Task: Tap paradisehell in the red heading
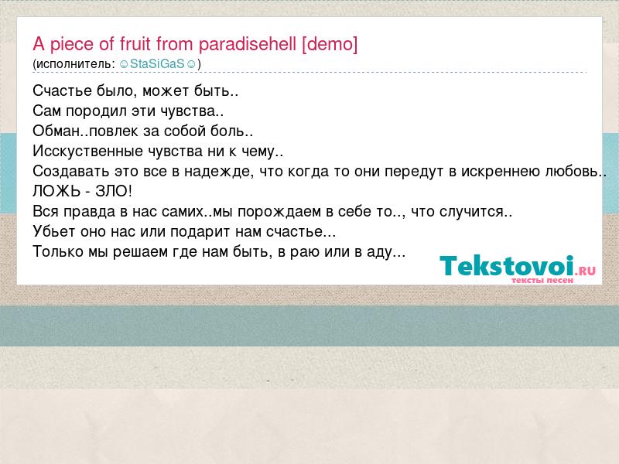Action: (248, 44)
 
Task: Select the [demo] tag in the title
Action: (330, 44)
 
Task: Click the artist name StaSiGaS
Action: (157, 63)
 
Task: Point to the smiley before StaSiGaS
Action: (124, 64)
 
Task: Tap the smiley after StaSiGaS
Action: (190, 64)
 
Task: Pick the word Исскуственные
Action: (87, 151)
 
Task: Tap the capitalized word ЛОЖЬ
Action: (56, 191)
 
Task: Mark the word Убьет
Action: (54, 231)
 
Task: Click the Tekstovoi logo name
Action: (507, 266)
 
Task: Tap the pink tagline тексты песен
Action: (542, 281)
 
